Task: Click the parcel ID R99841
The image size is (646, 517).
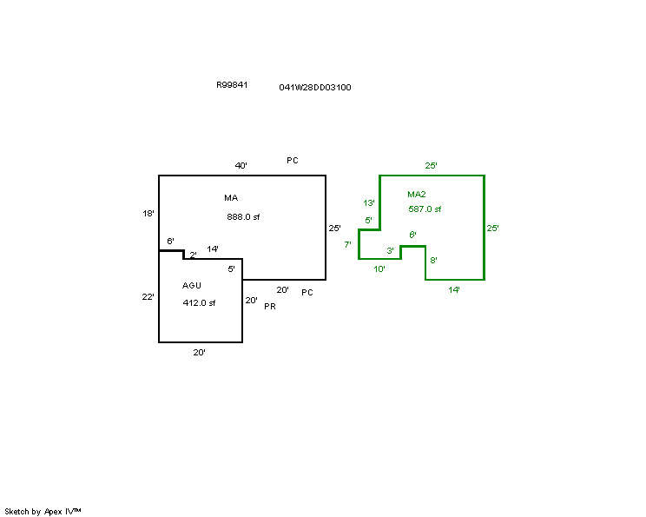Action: [232, 85]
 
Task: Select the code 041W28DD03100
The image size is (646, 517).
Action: [315, 88]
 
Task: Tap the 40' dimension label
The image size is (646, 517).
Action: [241, 166]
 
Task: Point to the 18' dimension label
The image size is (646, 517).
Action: [148, 214]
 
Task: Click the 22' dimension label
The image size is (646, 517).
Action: [148, 297]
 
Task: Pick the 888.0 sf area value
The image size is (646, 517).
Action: [243, 217]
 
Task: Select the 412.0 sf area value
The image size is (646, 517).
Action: [199, 303]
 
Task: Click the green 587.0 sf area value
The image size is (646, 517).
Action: [425, 209]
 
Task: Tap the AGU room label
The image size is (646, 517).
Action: [192, 285]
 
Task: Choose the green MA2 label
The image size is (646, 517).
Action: [417, 194]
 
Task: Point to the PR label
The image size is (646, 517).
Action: [270, 307]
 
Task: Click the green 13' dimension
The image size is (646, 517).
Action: [369, 202]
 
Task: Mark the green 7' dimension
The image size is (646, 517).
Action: [347, 244]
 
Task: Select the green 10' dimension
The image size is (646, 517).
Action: [379, 269]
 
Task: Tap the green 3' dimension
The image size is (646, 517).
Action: [390, 250]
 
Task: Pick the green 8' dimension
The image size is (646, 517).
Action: [433, 260]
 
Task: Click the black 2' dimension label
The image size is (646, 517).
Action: [193, 255]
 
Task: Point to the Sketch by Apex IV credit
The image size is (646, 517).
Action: [43, 512]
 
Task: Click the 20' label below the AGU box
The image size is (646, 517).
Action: [200, 353]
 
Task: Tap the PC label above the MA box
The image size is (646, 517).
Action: [293, 161]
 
